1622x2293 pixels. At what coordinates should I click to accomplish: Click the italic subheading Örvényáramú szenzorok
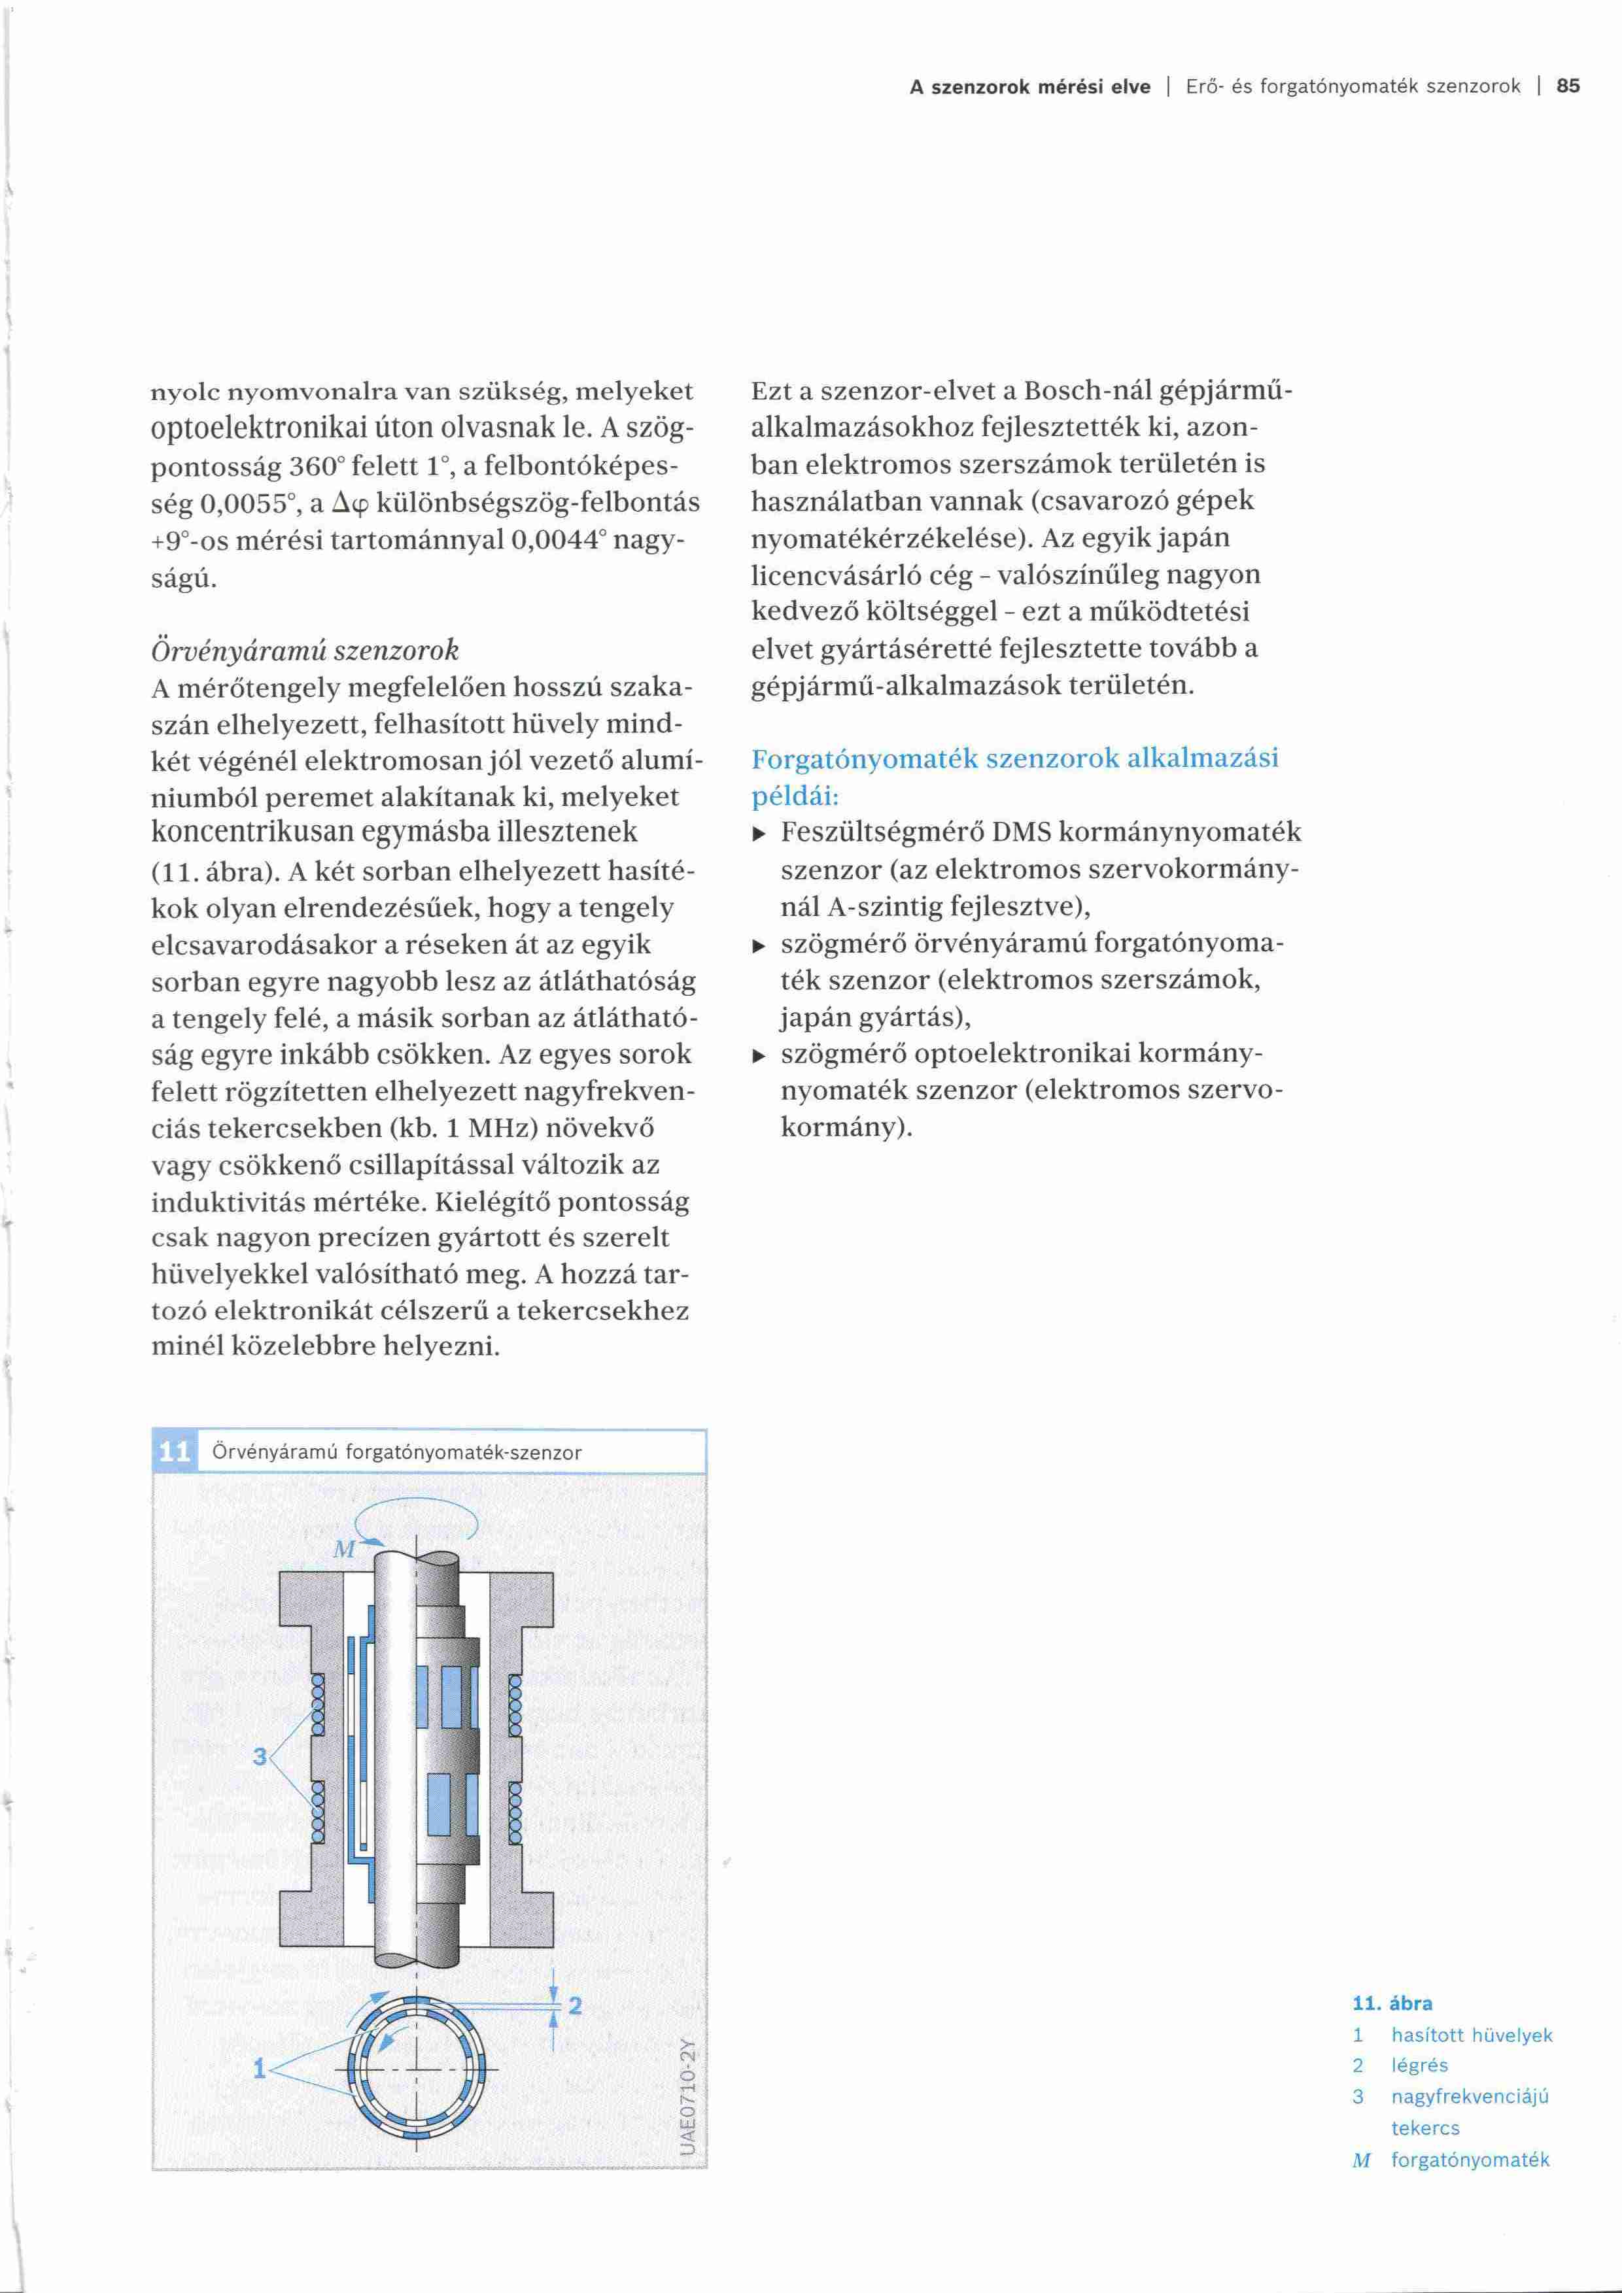coord(305,650)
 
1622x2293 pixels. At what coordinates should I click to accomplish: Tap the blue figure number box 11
coord(175,1451)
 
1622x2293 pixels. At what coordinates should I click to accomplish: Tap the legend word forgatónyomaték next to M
coord(1470,2160)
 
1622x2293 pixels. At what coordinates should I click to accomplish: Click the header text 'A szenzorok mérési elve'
coord(1029,87)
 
